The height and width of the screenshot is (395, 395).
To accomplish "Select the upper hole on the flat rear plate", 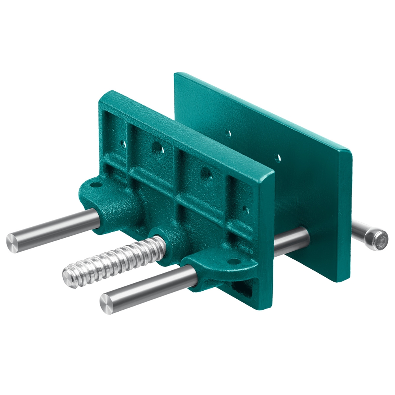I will tap(228, 133).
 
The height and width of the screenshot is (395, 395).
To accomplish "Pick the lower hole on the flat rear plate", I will tap(278, 158).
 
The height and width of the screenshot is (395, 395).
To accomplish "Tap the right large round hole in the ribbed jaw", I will tap(205, 173).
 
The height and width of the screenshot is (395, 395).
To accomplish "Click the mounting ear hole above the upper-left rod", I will tap(95, 184).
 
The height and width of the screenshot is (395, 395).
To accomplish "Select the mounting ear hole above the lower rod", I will tap(235, 261).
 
